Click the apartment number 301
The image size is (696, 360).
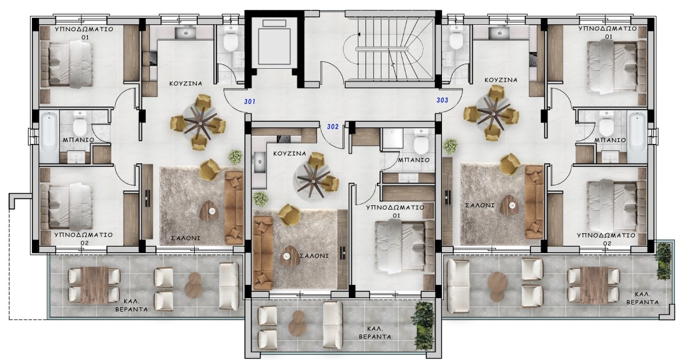[250, 102]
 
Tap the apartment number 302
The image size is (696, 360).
[333, 127]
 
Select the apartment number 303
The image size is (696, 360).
[442, 100]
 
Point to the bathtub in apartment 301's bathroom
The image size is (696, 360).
[49, 136]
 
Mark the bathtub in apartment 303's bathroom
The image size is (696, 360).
[637, 136]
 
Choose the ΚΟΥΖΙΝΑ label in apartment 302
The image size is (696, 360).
[289, 154]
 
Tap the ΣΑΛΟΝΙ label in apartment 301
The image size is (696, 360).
[185, 238]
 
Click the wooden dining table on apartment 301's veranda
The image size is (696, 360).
[94, 285]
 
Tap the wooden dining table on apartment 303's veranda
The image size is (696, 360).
[594, 285]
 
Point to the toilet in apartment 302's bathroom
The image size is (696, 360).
[420, 143]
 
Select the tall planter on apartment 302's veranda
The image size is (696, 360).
[423, 326]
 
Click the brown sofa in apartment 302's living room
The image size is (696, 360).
[263, 253]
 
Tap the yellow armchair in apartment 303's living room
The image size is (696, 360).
[510, 164]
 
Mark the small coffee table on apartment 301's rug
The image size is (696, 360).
[209, 210]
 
